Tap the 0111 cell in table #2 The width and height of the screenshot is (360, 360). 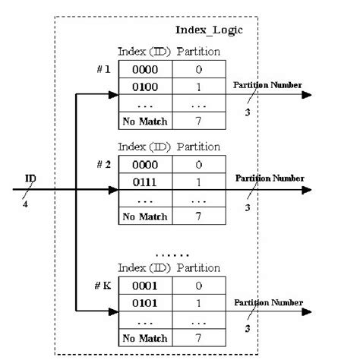(x=145, y=182)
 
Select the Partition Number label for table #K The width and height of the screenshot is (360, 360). (x=270, y=303)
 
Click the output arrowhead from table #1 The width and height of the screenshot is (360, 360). (x=307, y=95)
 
